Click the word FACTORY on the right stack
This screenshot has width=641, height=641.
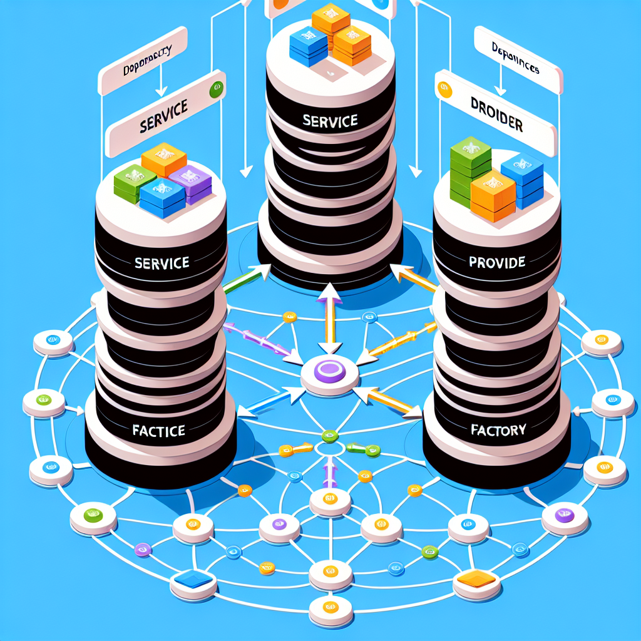click(x=499, y=430)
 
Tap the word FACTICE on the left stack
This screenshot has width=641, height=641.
click(x=158, y=431)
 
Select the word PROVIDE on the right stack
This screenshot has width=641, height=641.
click(x=496, y=263)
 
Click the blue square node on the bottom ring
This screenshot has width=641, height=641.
click(x=194, y=580)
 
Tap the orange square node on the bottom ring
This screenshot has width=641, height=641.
click(x=476, y=580)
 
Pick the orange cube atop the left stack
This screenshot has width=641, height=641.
click(x=164, y=159)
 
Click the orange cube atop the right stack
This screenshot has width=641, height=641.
click(x=493, y=194)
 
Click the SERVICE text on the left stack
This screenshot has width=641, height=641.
click(x=162, y=263)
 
